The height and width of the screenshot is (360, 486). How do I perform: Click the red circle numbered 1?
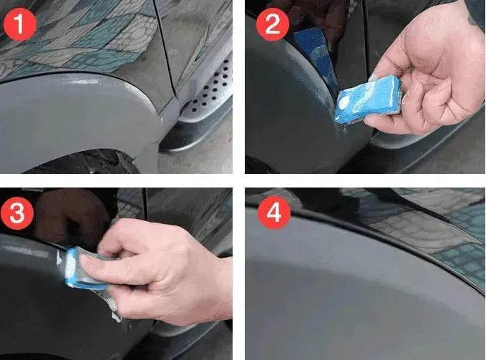[19, 26]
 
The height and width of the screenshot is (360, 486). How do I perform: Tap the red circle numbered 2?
[271, 26]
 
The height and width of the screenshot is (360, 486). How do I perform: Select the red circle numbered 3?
[20, 213]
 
